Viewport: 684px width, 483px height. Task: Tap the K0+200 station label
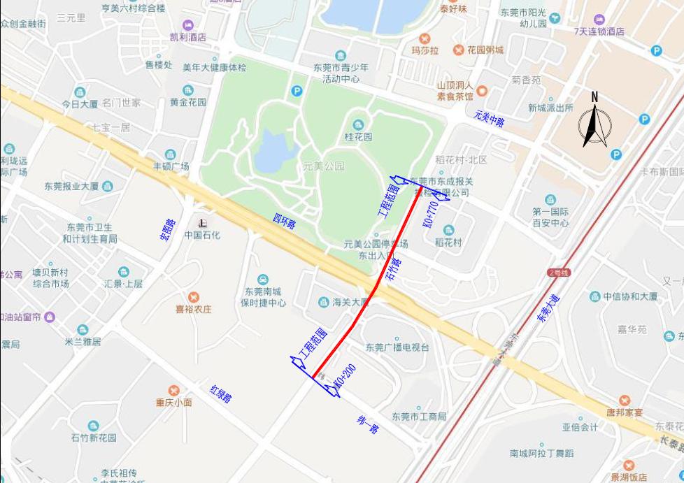(341, 378)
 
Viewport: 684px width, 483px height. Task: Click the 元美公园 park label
(324, 166)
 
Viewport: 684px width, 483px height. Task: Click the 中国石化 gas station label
(202, 235)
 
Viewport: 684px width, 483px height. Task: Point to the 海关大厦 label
(350, 303)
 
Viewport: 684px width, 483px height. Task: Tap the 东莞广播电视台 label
(397, 347)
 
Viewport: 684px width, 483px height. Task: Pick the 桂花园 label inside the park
(358, 137)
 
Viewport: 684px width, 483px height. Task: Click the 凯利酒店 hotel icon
(188, 25)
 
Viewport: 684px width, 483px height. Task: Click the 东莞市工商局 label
(419, 417)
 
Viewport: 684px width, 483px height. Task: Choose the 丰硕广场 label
(171, 166)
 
